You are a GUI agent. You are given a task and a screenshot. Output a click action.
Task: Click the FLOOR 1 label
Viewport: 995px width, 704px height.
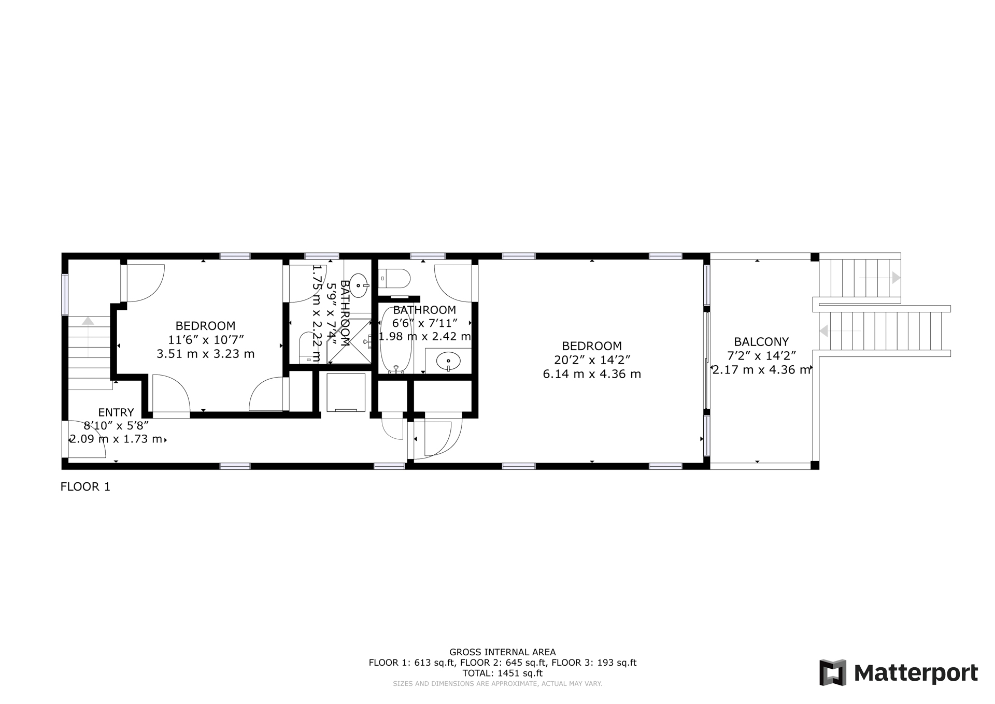[x=86, y=487]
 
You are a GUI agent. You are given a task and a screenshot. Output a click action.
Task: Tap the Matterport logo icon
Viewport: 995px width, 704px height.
[x=833, y=673]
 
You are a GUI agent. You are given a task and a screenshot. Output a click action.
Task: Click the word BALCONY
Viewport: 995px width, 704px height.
[x=761, y=342]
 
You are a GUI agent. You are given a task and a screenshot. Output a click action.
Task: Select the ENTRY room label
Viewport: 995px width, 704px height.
[x=116, y=412]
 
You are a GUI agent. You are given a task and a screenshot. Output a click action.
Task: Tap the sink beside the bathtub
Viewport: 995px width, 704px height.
[x=448, y=361]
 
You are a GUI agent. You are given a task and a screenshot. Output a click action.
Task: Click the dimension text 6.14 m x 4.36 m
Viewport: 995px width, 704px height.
[x=592, y=374]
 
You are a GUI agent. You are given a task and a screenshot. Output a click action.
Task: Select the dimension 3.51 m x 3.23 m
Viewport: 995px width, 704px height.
[x=206, y=354]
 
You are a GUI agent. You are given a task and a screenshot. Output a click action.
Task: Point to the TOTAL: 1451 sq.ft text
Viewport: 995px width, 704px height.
[x=503, y=673]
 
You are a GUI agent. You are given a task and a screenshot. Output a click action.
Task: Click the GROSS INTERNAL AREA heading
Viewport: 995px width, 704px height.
[x=503, y=652]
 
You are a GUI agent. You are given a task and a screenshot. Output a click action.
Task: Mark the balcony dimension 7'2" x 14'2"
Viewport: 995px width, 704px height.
[x=761, y=355]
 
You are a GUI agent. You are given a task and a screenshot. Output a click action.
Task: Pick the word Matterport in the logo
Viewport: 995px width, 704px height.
[x=916, y=673]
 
